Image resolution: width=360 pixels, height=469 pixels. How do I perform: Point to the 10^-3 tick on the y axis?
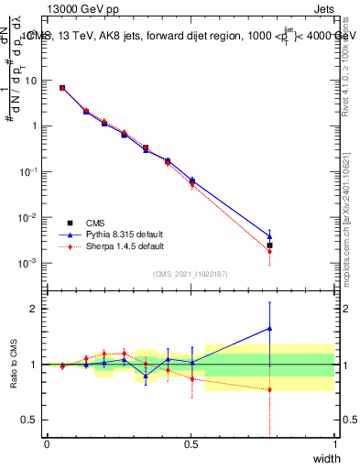pos(31,263)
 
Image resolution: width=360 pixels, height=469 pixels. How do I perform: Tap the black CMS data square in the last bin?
pos(269,245)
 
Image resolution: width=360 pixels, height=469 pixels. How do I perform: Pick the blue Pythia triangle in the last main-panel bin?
pos(269,236)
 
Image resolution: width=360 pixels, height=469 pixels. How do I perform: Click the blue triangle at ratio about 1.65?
pos(269,328)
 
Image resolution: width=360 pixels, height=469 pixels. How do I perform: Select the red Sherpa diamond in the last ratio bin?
pos(269,389)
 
